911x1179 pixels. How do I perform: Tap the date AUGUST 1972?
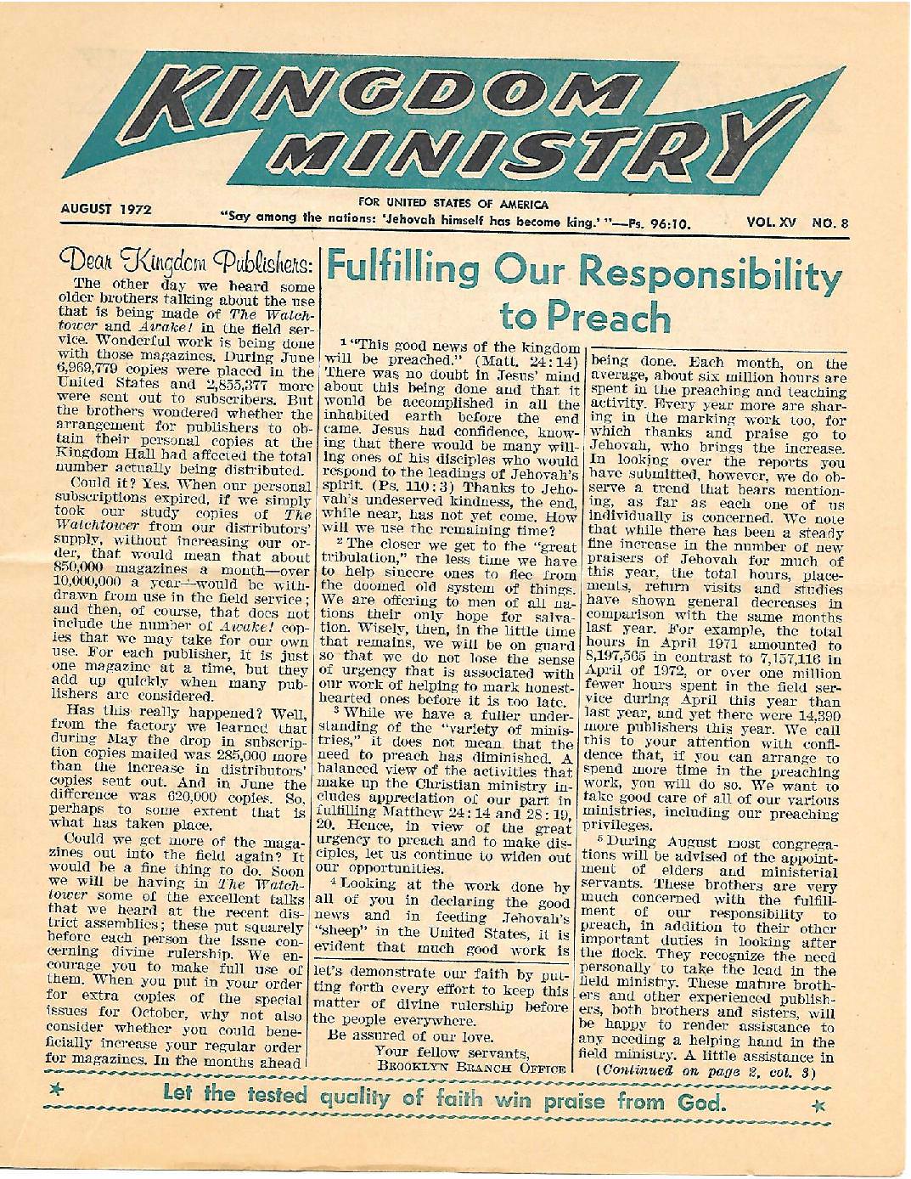pyautogui.click(x=106, y=208)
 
